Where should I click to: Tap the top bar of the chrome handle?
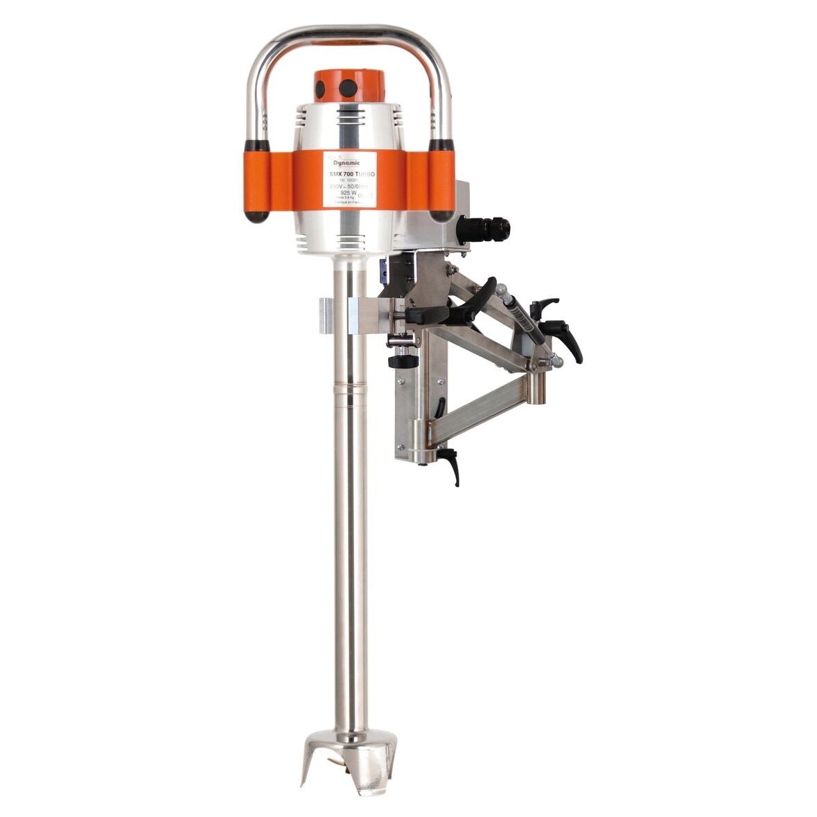[350, 33]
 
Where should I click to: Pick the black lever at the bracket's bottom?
[452, 465]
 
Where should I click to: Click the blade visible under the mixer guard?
[340, 760]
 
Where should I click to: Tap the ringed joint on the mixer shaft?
[351, 387]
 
